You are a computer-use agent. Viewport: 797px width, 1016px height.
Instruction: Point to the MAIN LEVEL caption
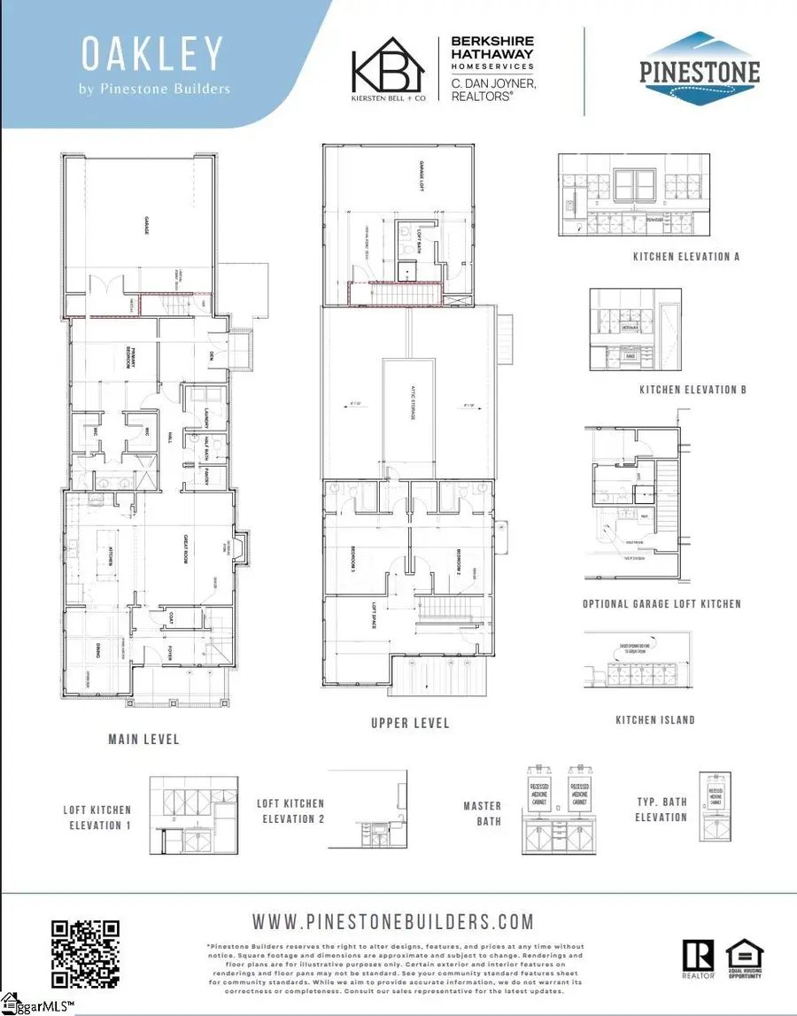coord(143,739)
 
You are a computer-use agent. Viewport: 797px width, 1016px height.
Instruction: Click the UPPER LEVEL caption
coord(409,724)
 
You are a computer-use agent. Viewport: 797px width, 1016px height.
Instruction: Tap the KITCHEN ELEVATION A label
coord(686,257)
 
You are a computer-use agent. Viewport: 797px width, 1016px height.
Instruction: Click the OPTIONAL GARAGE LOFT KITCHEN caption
coord(662,604)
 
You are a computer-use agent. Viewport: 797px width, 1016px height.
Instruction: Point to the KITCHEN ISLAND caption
coord(655,720)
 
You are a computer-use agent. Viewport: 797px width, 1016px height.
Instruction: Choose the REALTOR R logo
coord(697,960)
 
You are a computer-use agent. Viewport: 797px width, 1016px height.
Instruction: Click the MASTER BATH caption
coord(482,813)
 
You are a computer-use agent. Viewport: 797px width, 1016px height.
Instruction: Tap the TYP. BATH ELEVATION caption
coord(661,810)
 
